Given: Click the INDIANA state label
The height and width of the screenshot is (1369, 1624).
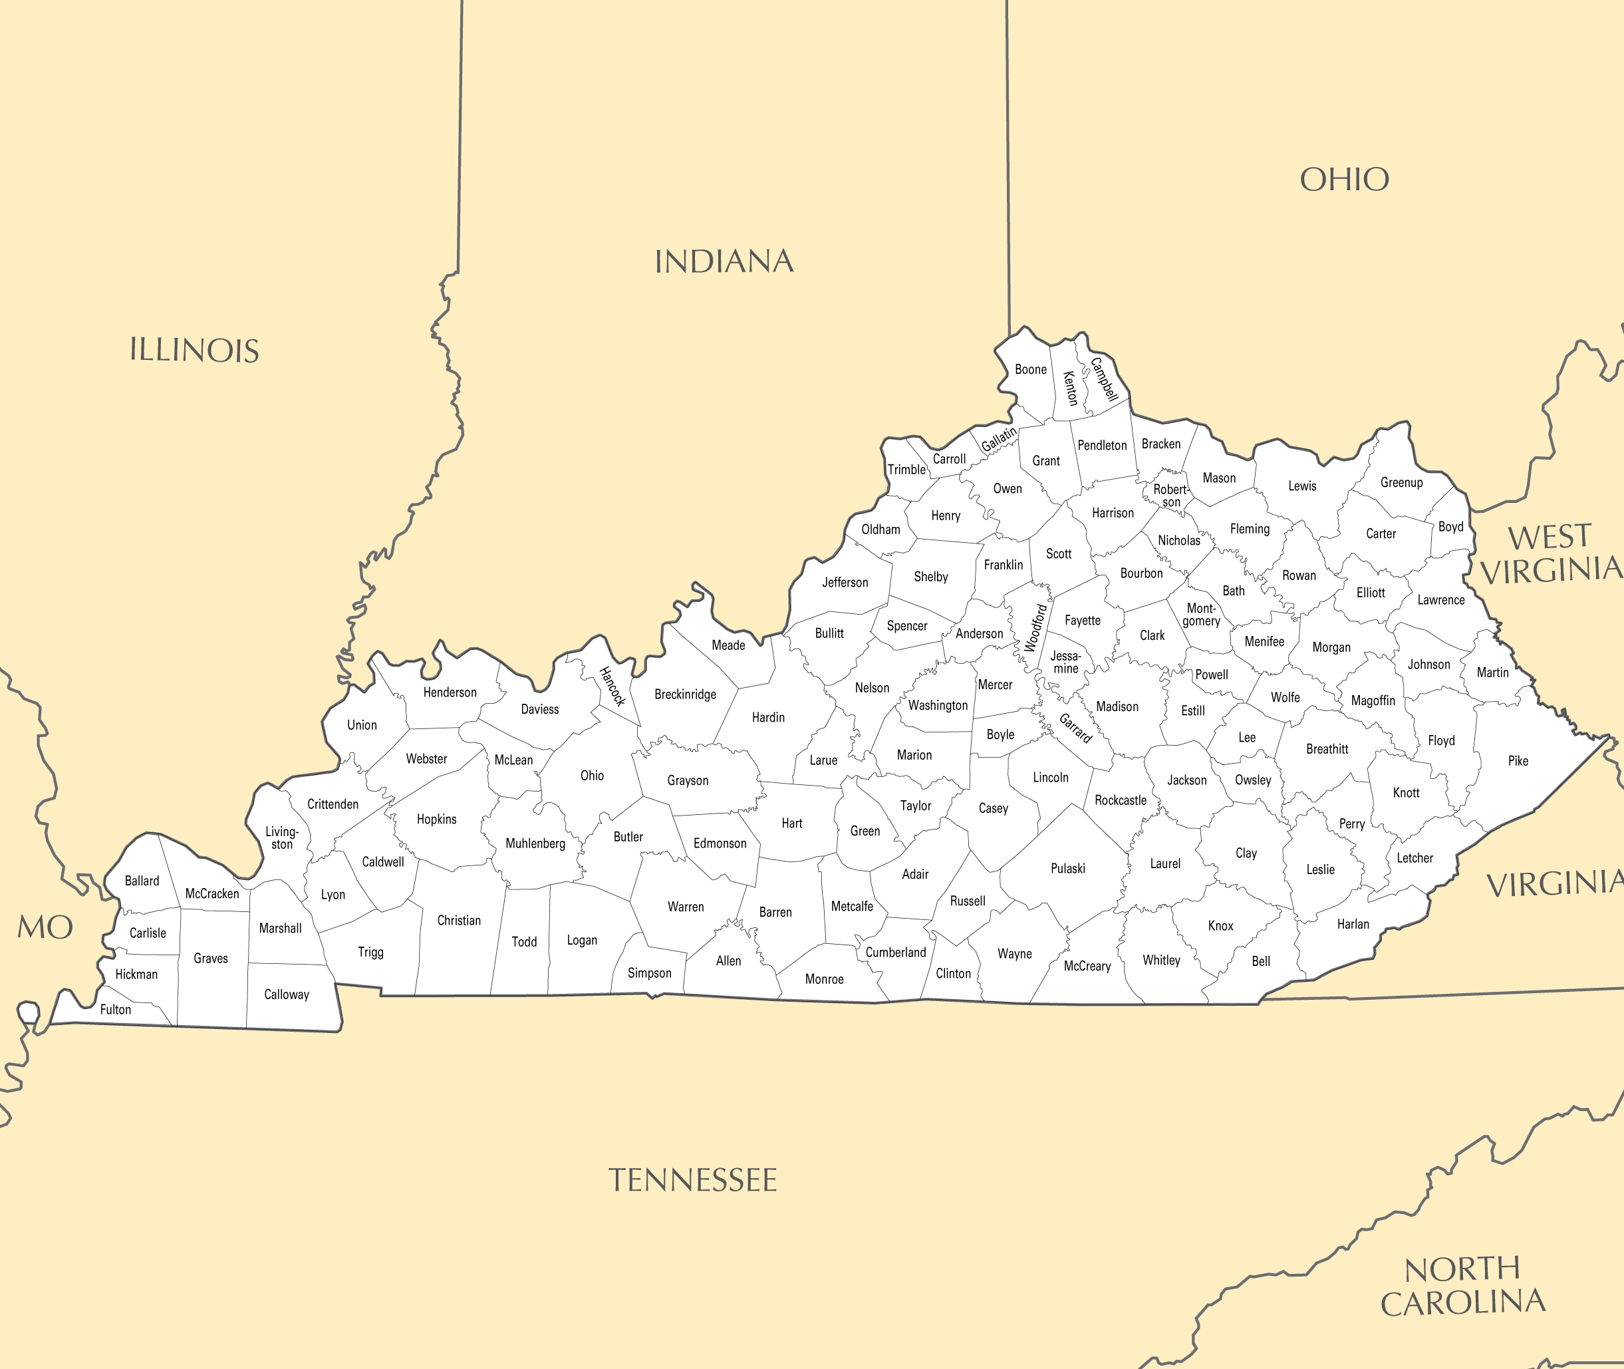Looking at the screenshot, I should click(724, 261).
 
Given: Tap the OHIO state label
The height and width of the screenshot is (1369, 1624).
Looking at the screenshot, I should click(1344, 180).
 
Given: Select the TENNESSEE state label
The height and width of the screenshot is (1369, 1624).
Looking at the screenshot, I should click(692, 1180).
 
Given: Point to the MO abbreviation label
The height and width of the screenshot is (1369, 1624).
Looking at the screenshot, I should click(45, 927).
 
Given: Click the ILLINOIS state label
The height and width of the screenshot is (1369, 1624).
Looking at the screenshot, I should click(194, 350).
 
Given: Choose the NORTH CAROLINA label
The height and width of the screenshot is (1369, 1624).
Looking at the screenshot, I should click(1462, 1287).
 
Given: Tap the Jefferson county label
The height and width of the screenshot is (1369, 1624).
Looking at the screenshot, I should click(845, 582).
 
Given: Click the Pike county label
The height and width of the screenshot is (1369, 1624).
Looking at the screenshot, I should click(1518, 760).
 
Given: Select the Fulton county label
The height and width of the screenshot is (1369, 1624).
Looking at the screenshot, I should click(116, 1010).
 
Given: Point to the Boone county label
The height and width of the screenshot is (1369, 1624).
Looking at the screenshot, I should click(1030, 369).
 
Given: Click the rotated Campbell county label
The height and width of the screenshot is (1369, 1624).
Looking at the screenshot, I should click(1104, 379).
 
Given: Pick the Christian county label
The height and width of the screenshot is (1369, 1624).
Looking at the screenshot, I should click(459, 921).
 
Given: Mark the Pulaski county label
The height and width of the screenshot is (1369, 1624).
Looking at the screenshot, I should click(1067, 869).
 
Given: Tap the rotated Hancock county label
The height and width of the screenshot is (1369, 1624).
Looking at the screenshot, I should click(612, 686).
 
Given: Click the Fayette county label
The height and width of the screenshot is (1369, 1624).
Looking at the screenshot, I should click(1083, 620).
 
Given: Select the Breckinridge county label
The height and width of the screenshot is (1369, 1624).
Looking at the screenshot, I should click(685, 694).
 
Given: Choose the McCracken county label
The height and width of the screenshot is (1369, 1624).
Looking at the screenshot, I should click(212, 893).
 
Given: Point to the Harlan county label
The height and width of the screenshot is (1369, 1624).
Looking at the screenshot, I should click(1353, 923).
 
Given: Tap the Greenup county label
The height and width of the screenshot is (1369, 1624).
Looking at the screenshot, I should click(1401, 482).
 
